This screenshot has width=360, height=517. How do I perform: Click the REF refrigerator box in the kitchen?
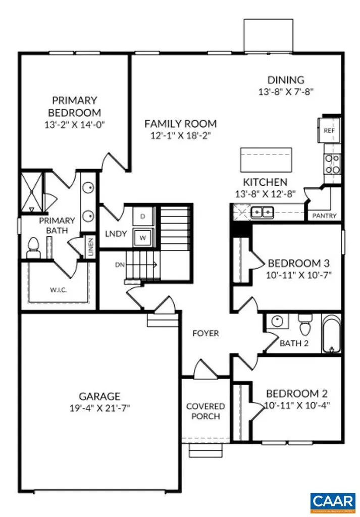pos(329,130)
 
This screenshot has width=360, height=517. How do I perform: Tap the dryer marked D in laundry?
pos(142,216)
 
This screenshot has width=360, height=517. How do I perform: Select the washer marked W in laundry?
pos(142,236)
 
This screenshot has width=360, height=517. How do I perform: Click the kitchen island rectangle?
pos(266,161)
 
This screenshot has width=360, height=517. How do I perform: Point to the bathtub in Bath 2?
pos(332,333)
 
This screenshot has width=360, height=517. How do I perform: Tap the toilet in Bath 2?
pos(305,326)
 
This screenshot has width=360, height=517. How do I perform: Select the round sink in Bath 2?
pos(277,321)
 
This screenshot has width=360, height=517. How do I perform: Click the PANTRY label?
pos(325,216)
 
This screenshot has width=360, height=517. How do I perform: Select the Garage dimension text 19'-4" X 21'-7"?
pos(99,408)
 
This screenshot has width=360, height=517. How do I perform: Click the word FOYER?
pos(206,333)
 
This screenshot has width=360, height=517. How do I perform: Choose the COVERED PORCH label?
pos(205,411)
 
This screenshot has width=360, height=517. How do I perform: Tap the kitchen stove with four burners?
pos(332,164)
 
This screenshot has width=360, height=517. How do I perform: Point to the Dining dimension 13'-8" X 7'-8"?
pos(286,92)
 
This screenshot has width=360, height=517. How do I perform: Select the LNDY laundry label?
pos(116,234)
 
